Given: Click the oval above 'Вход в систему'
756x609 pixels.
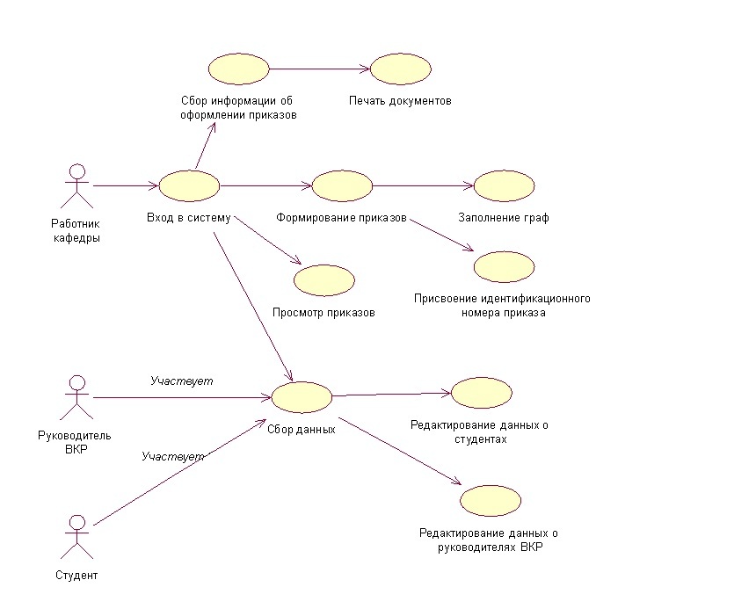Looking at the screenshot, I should click(x=189, y=185).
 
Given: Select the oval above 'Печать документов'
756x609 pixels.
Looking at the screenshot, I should click(x=399, y=69).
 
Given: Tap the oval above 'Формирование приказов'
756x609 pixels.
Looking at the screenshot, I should click(x=342, y=185).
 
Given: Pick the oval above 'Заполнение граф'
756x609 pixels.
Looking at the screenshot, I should click(x=504, y=185).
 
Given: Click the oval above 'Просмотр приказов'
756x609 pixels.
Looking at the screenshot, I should click(x=324, y=279).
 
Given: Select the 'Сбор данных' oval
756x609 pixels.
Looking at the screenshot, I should click(x=302, y=397).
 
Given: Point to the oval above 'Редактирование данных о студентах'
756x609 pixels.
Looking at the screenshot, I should click(x=481, y=393).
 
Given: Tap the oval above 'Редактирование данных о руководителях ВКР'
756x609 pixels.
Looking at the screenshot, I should click(x=491, y=500).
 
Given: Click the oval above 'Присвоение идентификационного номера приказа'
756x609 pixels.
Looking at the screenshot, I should click(x=504, y=266).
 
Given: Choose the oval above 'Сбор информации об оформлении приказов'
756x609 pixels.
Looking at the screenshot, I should click(x=238, y=69).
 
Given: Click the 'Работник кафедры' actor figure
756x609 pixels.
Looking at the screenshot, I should click(x=78, y=185).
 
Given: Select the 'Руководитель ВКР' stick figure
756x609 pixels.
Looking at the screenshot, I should click(x=77, y=397).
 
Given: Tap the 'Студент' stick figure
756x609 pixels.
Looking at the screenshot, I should click(x=77, y=537).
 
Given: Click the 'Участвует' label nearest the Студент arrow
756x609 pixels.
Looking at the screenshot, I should click(x=173, y=457).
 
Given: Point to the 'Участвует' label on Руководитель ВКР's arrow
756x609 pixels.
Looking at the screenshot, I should click(x=182, y=381).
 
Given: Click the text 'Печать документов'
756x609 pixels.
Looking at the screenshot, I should click(x=399, y=101).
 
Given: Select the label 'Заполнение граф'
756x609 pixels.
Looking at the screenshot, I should click(x=504, y=218).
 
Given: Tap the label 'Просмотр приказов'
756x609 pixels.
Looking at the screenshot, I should click(x=324, y=312).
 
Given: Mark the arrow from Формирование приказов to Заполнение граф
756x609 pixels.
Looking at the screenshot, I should click(x=423, y=185).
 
